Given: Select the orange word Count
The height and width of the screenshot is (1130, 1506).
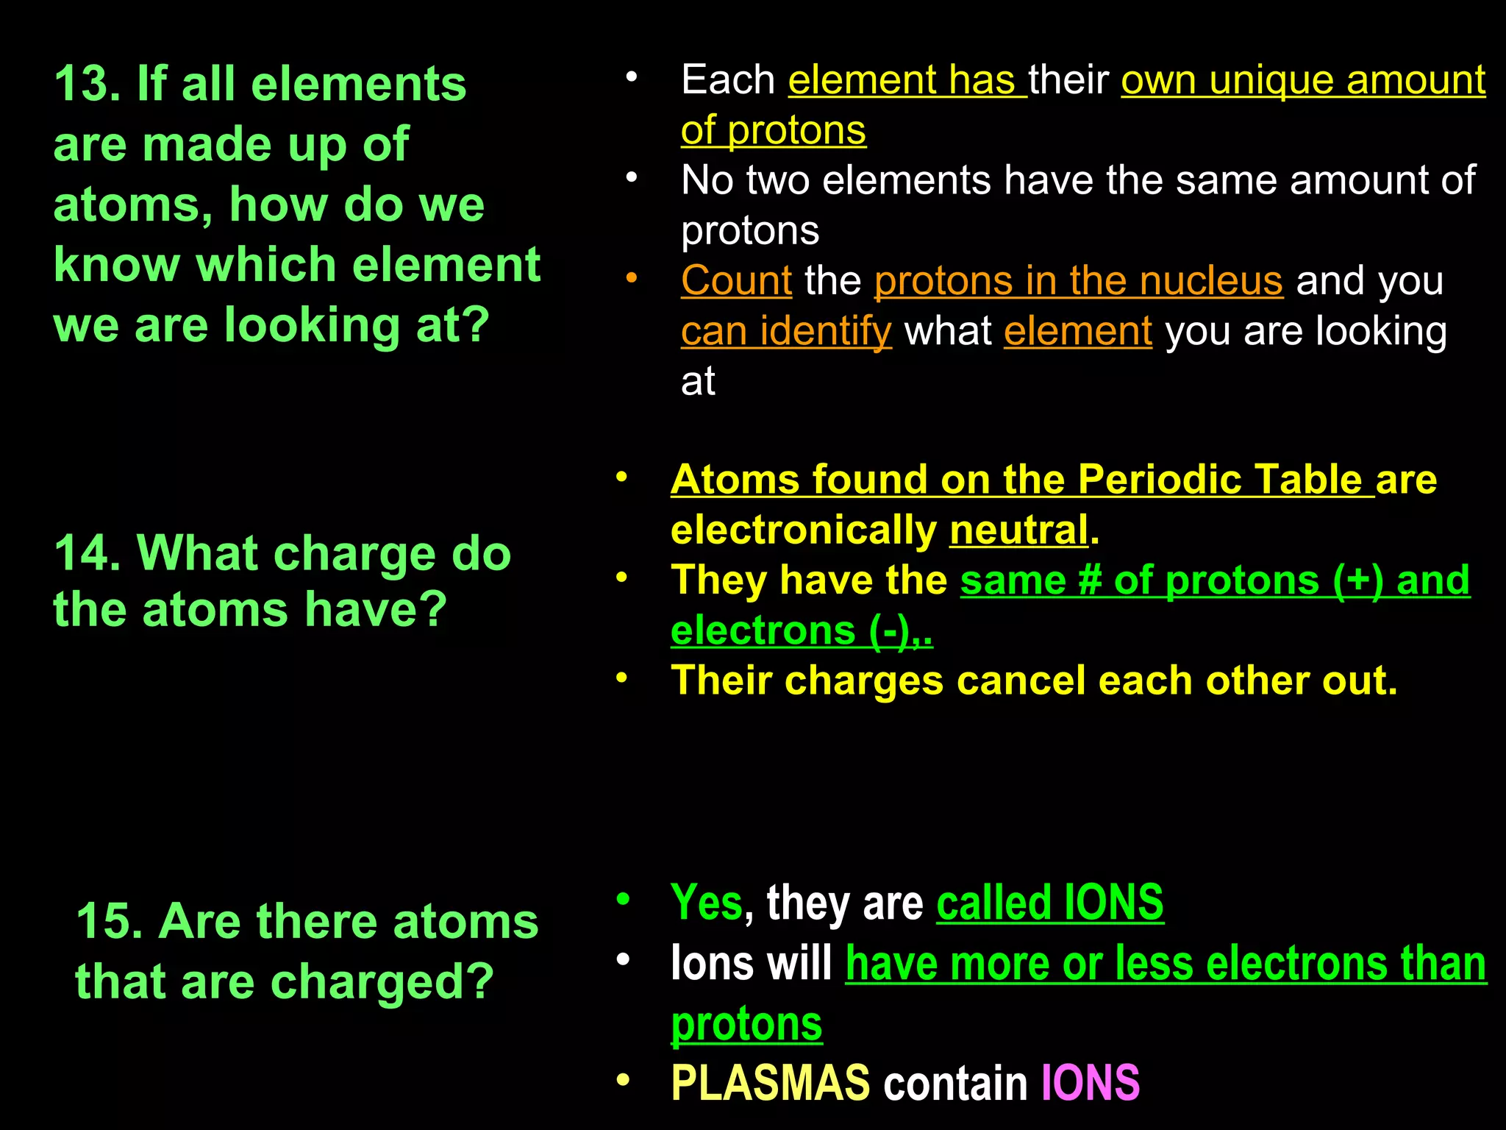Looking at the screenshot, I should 736,281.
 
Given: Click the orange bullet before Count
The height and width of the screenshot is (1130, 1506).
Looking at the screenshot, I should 631,279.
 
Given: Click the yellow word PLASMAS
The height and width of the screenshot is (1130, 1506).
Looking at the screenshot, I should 770,1083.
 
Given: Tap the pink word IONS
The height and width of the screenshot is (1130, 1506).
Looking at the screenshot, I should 1090,1083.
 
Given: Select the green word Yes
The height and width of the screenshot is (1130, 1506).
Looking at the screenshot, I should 706,903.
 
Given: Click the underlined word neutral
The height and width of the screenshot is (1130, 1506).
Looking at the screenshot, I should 1018,530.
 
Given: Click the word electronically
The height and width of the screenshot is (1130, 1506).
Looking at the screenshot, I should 804,530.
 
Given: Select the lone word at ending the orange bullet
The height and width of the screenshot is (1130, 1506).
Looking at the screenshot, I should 698,382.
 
